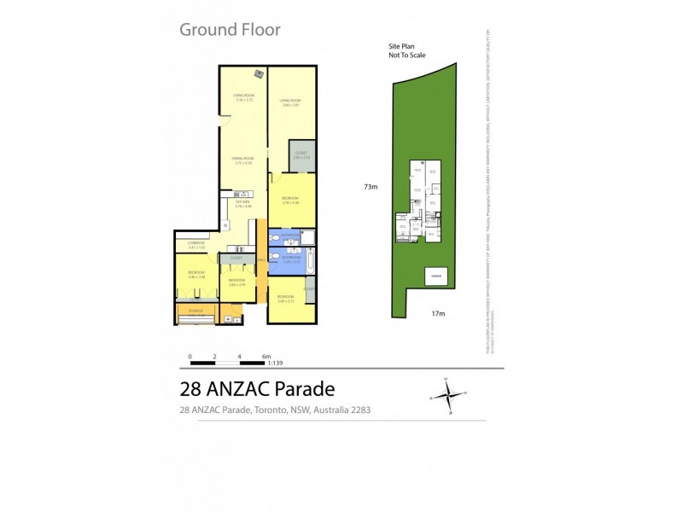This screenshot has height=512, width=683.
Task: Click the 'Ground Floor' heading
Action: [229, 30]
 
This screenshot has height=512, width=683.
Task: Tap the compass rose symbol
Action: [447, 393]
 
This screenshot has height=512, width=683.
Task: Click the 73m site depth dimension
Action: [370, 185]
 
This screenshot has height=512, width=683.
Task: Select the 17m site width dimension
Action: [438, 313]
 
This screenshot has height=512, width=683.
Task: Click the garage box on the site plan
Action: [435, 276]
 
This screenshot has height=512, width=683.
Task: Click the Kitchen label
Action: [244, 204]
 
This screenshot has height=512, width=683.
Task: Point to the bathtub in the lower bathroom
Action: [308, 262]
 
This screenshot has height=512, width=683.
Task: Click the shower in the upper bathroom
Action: [309, 238]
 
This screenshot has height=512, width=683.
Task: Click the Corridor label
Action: [196, 245]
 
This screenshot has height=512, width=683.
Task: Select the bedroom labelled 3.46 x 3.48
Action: [197, 275]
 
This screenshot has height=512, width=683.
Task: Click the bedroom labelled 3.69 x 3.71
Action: [285, 300]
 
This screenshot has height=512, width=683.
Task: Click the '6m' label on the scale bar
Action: [266, 356]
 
